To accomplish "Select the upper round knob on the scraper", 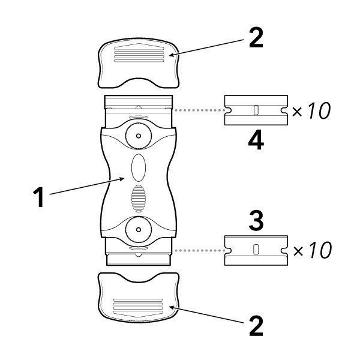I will [x=139, y=137].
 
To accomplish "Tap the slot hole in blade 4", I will [x=255, y=110].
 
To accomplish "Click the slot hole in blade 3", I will [x=255, y=249].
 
